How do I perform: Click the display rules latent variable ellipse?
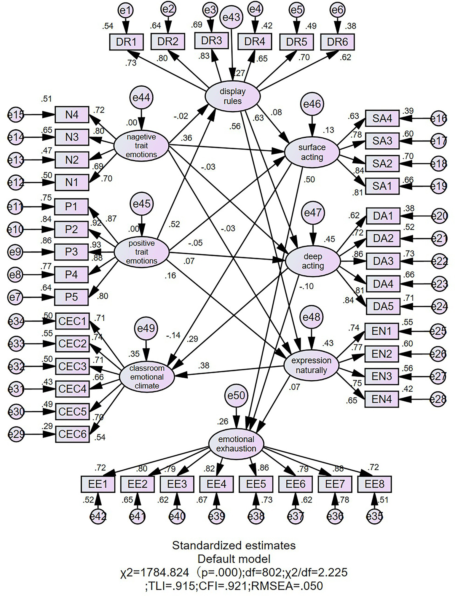[x=233, y=96]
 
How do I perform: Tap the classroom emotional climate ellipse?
[x=147, y=377]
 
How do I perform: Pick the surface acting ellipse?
[x=312, y=152]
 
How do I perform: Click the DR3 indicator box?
[x=211, y=41]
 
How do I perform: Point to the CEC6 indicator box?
[x=72, y=434]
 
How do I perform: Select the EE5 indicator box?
[x=256, y=484]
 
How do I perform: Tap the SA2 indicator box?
[x=382, y=163]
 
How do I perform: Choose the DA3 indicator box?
[x=383, y=261]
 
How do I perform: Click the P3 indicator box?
[x=71, y=252]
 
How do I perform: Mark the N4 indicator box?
[x=72, y=115]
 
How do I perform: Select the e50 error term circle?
[x=236, y=395]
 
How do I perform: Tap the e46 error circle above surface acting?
[x=312, y=104]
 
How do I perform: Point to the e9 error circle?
[x=15, y=252]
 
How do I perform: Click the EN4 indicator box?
[x=381, y=399]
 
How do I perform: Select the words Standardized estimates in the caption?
[x=234, y=545]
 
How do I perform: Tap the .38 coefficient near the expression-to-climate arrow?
[x=204, y=365]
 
